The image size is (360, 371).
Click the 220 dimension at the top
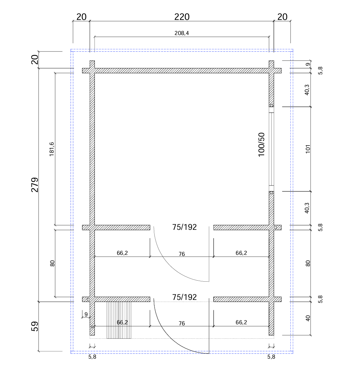pyautogui.click(x=182, y=17)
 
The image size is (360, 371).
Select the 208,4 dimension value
pyautogui.click(x=182, y=33)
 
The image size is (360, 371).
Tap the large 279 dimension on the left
pyautogui.click(x=35, y=185)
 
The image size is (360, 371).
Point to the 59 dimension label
pyautogui.click(x=35, y=326)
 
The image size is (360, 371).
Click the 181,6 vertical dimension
pyautogui.click(x=52, y=149)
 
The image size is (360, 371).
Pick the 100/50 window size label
pyautogui.click(x=261, y=145)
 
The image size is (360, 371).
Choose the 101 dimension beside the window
pyautogui.click(x=308, y=149)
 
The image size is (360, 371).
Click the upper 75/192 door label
pyautogui.click(x=184, y=227)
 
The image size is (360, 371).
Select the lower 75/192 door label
pyautogui.click(x=184, y=297)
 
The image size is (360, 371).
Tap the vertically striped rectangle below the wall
pyautogui.click(x=119, y=320)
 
